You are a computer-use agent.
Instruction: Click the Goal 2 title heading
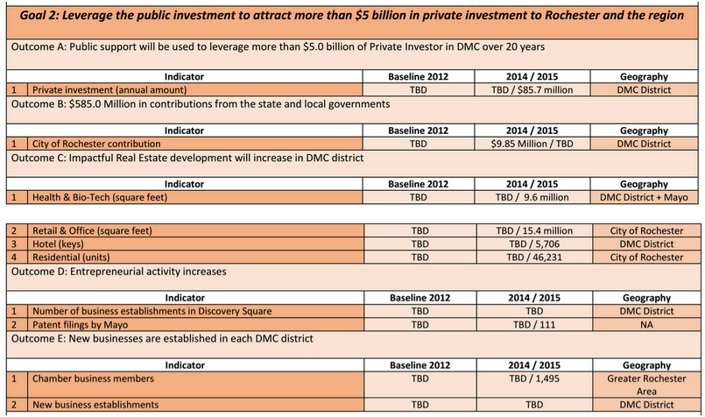pyautogui.click(x=351, y=15)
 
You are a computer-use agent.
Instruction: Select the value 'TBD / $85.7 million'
pyautogui.click(x=533, y=89)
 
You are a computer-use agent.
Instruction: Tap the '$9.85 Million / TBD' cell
pyautogui.click(x=533, y=143)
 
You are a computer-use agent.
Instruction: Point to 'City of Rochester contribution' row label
pyautogui.click(x=96, y=143)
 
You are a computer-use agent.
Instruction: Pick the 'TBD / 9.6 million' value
pyautogui.click(x=533, y=197)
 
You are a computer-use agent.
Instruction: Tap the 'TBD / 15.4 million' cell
pyautogui.click(x=533, y=230)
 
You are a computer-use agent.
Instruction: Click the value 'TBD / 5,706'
pyautogui.click(x=533, y=244)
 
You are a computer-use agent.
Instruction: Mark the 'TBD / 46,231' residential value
pyautogui.click(x=533, y=257)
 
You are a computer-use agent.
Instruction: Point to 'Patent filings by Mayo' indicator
pyautogui.click(x=87, y=323)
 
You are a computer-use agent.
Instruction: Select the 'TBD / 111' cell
pyautogui.click(x=533, y=323)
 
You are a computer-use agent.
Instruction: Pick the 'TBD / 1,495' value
pyautogui.click(x=533, y=378)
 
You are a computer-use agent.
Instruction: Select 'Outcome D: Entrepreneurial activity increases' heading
pyautogui.click(x=119, y=271)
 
